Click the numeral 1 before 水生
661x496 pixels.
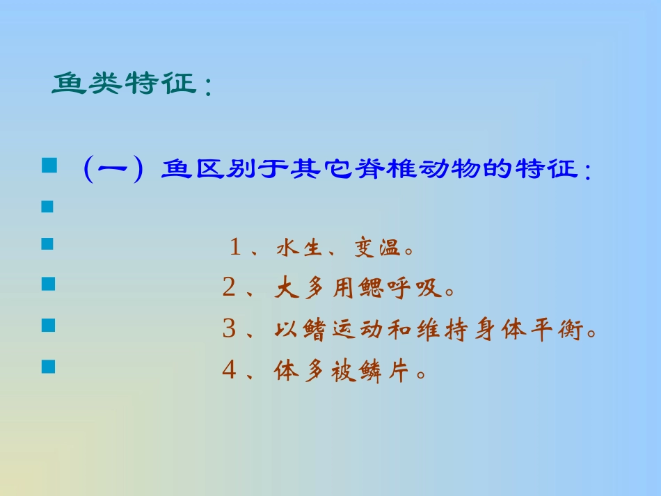click(x=235, y=248)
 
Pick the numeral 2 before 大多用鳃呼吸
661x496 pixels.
click(x=229, y=288)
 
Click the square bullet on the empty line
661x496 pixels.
click(x=47, y=207)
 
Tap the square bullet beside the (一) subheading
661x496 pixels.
click(x=47, y=165)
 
